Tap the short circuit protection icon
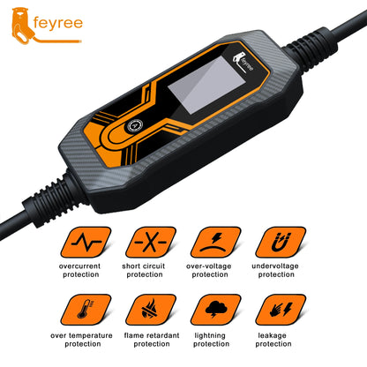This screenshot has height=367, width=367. (x=147, y=243)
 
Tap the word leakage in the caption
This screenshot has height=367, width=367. (x=281, y=334)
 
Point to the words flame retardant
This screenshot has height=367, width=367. (x=147, y=334)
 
